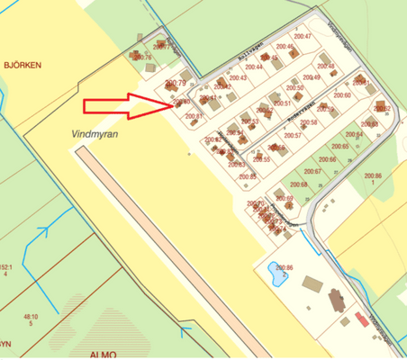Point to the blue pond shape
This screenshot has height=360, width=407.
click(273, 273)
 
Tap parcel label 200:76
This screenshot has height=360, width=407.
click(141, 58)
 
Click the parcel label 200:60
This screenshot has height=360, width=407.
click(342, 95)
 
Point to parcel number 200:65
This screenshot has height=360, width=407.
click(339, 146)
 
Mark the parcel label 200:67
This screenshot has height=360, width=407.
click(312, 171)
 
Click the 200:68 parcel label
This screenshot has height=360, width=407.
click(299, 185)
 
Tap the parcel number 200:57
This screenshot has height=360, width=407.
click(293, 135)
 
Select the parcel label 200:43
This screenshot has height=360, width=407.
click(238, 78)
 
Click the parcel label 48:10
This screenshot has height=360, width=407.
click(31, 317)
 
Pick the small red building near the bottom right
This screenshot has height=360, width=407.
click(362, 319)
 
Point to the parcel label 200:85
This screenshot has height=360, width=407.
click(249, 177)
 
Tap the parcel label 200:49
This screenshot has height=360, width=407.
click(312, 78)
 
